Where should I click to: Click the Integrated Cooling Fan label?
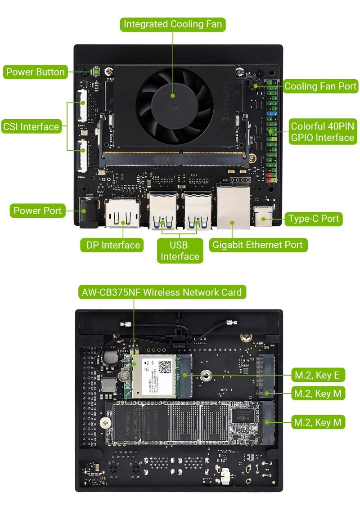[x=173, y=24]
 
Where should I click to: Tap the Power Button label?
[x=36, y=72]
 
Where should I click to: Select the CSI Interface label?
[x=31, y=126]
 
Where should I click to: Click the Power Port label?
[x=38, y=210]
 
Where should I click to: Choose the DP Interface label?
[x=112, y=245]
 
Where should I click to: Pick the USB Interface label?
[x=180, y=251]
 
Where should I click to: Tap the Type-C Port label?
[x=314, y=219]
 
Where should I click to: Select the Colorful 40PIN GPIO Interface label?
[x=322, y=132]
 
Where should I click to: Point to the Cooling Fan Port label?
[x=320, y=86]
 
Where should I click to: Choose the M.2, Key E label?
[x=318, y=375]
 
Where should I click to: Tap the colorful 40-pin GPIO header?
[x=271, y=130]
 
